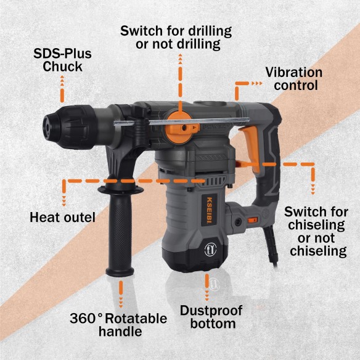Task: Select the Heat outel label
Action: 62,217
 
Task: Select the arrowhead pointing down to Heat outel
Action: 63,200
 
